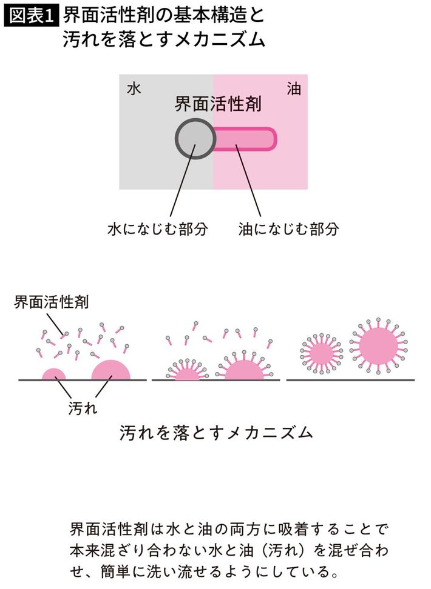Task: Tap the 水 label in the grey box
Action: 134,89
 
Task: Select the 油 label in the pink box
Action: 294,89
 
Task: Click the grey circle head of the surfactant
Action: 195,138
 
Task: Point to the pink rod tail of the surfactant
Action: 245,139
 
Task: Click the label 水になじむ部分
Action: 157,228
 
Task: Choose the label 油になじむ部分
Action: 288,228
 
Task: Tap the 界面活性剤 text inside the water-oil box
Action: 218,104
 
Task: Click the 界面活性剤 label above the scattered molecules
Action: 51,302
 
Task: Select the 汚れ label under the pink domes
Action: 83,407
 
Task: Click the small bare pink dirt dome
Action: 53,374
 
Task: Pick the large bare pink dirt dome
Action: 110,370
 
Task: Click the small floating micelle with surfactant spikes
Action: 321,353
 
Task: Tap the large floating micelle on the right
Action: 378,345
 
